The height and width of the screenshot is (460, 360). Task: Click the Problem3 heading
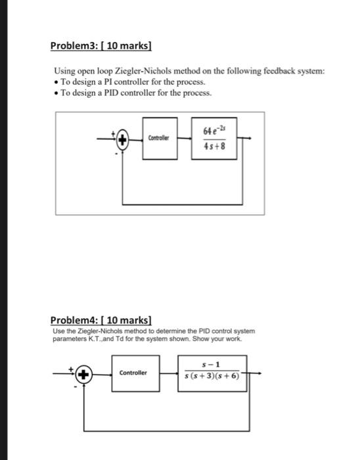102,47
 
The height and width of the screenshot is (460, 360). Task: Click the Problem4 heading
101,320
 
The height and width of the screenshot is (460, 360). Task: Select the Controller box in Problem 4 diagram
134,373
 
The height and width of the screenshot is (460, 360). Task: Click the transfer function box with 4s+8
215,138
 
